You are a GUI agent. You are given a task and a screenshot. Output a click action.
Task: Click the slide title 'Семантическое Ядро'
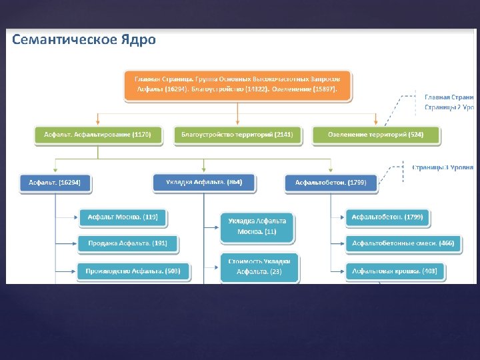coord(84,40)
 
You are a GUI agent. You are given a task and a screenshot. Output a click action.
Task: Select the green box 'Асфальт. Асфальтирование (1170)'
coord(98,135)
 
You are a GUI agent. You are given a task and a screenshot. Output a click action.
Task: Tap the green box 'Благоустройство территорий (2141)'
coord(237,135)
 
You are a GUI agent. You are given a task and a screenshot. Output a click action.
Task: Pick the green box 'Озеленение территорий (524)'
coord(376,135)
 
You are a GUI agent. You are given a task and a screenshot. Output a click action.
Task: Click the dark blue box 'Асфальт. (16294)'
coord(55,183)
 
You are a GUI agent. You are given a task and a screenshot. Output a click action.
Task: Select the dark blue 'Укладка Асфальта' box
coord(203,182)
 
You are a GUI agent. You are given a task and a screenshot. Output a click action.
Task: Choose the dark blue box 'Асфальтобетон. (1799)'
coord(331,183)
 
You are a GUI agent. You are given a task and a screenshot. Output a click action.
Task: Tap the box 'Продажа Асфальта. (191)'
coord(127,244)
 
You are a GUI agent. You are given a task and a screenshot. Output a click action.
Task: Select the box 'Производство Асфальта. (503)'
coord(133,271)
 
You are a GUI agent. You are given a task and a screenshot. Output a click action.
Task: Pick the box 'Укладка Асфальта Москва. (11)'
coord(257,227)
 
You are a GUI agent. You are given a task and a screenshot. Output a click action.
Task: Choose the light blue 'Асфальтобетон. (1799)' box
coord(387,217)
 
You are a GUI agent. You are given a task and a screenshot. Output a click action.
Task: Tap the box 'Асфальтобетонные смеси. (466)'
coord(403,244)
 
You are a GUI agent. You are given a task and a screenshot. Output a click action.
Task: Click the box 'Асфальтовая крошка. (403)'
coord(394,271)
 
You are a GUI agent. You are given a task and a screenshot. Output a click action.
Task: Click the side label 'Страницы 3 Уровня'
coord(443,167)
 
